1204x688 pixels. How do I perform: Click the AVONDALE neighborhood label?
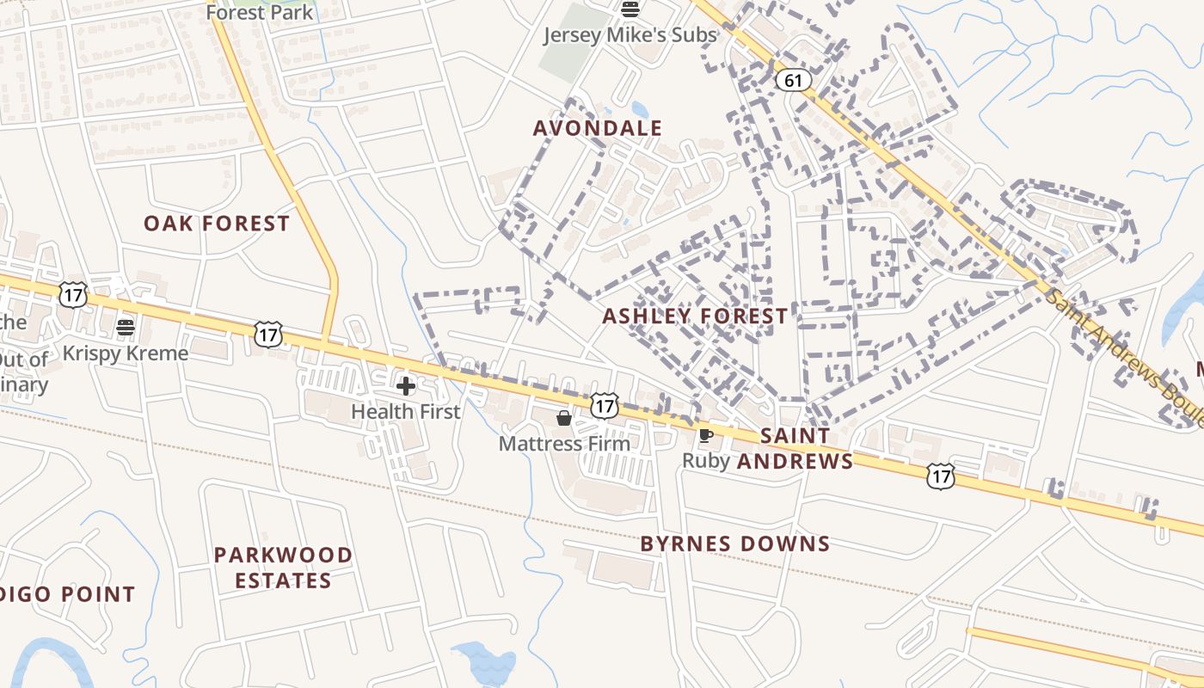(x=598, y=129)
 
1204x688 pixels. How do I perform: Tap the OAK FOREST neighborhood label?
(x=217, y=224)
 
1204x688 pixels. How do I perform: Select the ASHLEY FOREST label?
(x=695, y=316)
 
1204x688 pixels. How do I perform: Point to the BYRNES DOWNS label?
(x=735, y=544)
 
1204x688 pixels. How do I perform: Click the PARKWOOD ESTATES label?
(x=283, y=568)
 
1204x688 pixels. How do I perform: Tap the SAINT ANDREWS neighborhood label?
(x=795, y=449)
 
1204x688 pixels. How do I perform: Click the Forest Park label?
(x=260, y=13)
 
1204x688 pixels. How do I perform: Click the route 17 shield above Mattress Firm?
(x=605, y=404)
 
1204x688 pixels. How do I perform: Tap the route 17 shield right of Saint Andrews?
(x=941, y=475)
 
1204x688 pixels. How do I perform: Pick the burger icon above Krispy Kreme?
(x=126, y=327)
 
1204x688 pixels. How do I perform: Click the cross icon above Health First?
(x=406, y=385)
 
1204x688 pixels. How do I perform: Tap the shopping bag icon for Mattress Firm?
(x=564, y=418)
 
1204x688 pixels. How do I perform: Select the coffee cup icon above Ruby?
(x=706, y=435)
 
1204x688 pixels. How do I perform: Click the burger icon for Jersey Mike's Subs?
(x=630, y=10)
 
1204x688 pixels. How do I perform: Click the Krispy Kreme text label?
(x=126, y=353)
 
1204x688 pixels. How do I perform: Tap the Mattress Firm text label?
(x=564, y=444)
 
